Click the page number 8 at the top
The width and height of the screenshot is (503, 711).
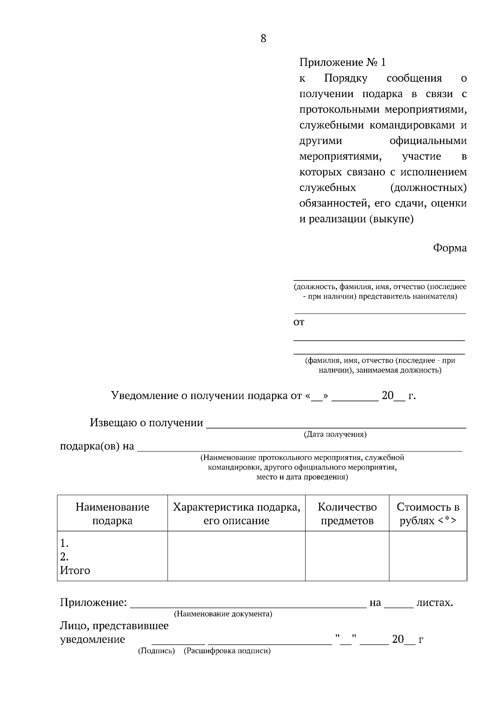tap(263, 39)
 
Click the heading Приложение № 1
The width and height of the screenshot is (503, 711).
tap(342, 62)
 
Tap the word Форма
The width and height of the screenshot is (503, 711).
tap(449, 248)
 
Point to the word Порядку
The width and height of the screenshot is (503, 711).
tap(345, 78)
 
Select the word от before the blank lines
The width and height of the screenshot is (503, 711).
tap(298, 322)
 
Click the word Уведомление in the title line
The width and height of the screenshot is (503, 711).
tap(144, 395)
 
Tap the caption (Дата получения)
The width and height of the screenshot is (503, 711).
tap(335, 434)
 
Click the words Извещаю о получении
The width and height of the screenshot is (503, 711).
tap(146, 422)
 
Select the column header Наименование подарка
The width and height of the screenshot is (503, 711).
tap(112, 513)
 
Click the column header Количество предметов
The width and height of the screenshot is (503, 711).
tap(347, 513)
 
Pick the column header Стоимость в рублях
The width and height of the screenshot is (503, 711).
tap(428, 513)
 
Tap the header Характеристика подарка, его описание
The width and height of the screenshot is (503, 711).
tap(236, 513)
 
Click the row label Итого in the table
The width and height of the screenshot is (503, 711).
tap(75, 570)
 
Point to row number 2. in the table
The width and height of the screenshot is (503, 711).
tap(64, 557)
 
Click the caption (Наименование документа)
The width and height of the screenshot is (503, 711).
tap(223, 614)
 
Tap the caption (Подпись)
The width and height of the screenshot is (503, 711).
tap(156, 651)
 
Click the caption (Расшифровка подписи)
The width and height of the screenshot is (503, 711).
tap(227, 651)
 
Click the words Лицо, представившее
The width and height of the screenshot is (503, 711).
tap(114, 626)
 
